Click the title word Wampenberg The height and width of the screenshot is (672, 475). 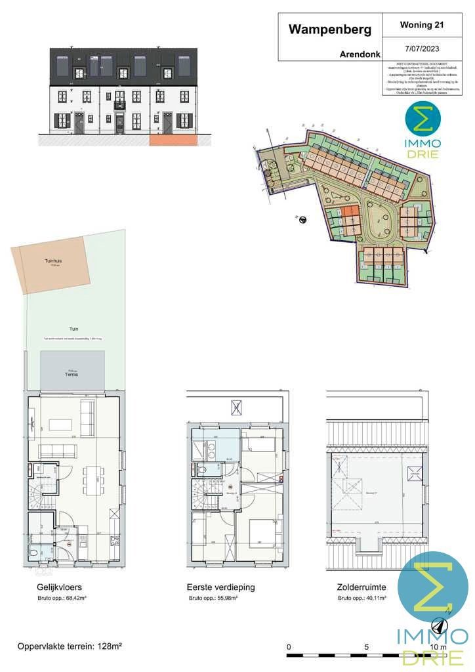330,30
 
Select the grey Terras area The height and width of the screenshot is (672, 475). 73,371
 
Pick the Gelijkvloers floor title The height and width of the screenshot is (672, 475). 60,587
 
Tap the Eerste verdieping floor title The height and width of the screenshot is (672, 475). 220,587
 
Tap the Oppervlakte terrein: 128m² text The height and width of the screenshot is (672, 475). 70,646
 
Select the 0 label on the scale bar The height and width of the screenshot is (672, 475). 289,647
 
